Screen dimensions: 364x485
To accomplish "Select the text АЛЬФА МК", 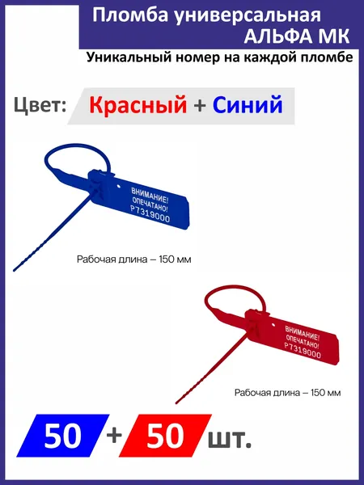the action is point(297,36).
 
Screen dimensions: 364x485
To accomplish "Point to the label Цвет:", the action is point(40,104).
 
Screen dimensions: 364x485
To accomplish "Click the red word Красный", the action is point(138,104).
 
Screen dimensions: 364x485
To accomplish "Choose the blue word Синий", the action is point(248,104).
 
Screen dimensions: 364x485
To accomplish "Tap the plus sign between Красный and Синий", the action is point(200,105).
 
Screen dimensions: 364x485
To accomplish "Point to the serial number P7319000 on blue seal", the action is point(150,214).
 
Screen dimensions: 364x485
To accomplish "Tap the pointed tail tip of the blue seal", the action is point(14,270).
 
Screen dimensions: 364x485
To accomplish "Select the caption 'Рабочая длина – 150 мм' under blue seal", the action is point(133,259).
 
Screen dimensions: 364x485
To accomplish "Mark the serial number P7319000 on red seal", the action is point(303,350).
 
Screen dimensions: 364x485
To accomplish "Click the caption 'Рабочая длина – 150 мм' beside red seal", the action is point(287,393).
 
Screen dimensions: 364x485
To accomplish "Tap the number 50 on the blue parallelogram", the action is point(62,436).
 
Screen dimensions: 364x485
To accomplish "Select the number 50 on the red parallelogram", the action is point(165,436).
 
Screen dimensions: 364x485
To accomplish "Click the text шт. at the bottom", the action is point(230,439).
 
